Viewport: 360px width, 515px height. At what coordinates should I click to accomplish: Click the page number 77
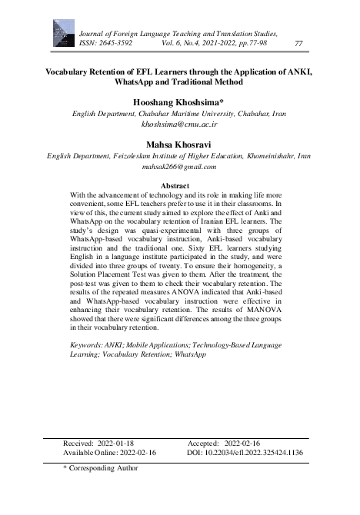pos(298,44)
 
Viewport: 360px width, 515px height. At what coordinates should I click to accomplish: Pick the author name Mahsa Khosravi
pos(179,143)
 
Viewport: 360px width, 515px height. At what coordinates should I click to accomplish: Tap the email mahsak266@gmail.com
pos(179,165)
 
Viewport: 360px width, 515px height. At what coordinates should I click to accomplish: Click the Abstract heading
pos(179,186)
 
